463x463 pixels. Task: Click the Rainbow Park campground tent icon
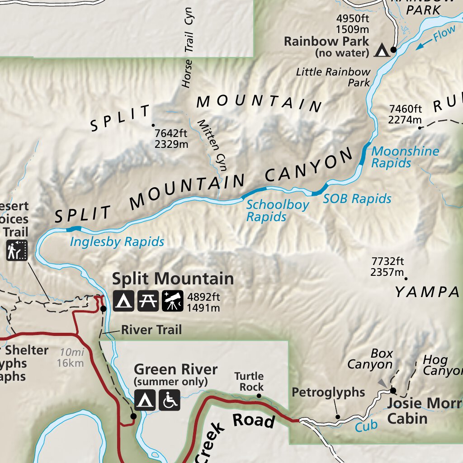pos(382,50)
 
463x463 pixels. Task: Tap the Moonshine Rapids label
pos(405,157)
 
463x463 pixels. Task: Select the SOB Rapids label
pos(357,198)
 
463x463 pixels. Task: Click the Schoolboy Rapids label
pos(277,211)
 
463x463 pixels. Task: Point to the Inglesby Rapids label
pos(117,242)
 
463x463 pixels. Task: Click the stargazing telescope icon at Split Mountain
pos(172,301)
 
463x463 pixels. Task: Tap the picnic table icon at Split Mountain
pos(148,301)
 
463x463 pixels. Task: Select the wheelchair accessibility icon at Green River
pos(170,400)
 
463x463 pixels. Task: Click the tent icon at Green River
pos(145,400)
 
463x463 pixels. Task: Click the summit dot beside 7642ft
pos(153,125)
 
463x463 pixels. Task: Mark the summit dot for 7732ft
pos(406,279)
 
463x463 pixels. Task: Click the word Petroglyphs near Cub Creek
pos(328,392)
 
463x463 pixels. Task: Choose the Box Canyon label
pos(370,359)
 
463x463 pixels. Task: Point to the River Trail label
pos(151,330)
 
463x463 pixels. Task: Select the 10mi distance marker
pos(70,351)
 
